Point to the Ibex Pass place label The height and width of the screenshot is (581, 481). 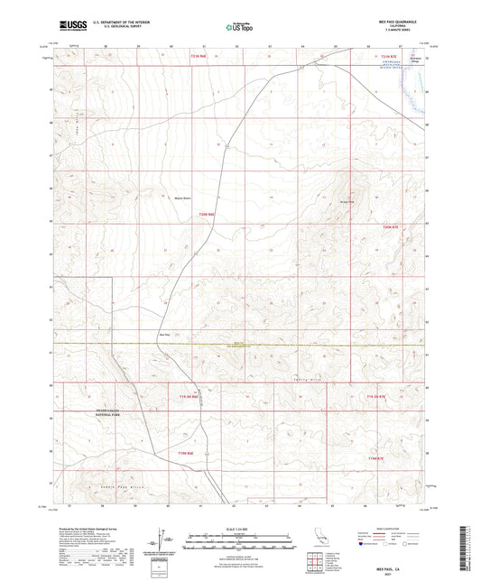point(164,333)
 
